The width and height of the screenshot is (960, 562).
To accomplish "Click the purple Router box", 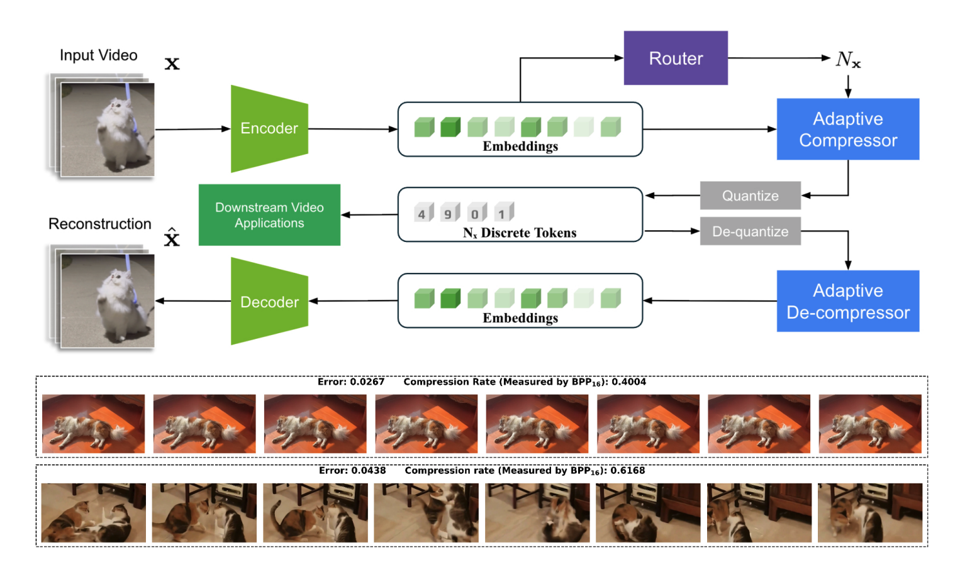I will (x=675, y=58).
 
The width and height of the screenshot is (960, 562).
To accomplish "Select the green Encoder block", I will (x=269, y=128).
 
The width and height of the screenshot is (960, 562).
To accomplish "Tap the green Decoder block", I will (x=269, y=302).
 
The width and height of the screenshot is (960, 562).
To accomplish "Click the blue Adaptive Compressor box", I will (x=847, y=129).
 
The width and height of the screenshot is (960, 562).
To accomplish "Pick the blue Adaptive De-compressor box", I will (x=847, y=301).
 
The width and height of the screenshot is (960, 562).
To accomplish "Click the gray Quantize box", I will (x=750, y=196).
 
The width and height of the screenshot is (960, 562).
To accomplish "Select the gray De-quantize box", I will (x=750, y=231).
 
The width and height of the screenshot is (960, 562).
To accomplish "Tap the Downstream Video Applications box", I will (x=269, y=215).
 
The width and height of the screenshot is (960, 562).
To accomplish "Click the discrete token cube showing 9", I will (x=449, y=212).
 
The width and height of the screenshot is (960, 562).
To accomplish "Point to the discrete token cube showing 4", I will (x=423, y=212).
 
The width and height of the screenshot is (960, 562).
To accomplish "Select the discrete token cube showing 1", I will (x=503, y=212).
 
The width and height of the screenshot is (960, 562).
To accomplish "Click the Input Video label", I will (x=98, y=55).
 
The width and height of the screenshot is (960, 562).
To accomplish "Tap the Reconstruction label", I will (x=100, y=224).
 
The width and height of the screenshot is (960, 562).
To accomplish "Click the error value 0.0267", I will (x=367, y=382).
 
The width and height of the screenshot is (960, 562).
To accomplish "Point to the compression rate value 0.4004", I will (x=628, y=382).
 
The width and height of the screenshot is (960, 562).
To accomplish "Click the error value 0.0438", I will (x=368, y=470).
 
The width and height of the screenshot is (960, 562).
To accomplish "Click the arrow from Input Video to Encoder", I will (x=193, y=129).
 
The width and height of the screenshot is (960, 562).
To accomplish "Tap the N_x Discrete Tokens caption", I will (x=520, y=233).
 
